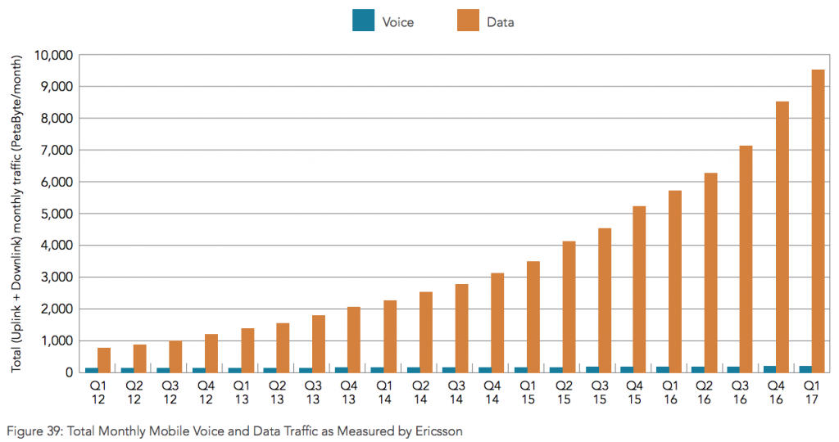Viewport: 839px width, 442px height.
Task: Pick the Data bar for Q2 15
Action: coord(568,307)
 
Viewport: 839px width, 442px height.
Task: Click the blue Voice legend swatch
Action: coord(363,21)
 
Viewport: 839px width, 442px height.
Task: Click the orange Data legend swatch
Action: coord(468,21)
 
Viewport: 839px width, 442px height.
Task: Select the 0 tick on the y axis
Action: coord(69,372)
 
